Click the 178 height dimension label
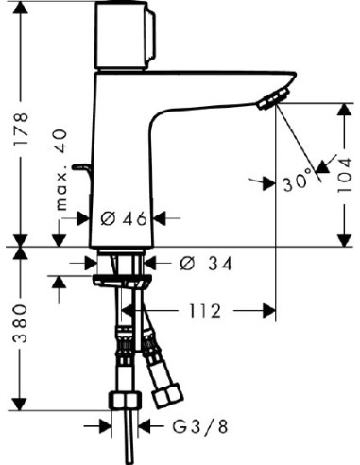[21, 129]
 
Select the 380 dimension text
[20, 323]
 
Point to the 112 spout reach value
[205, 311]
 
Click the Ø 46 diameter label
[124, 218]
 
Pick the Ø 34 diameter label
[206, 264]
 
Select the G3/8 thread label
[199, 427]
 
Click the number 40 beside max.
[60, 141]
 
